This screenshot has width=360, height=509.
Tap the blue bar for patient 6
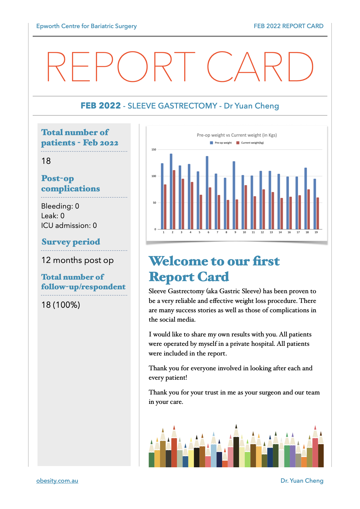tap(207, 192)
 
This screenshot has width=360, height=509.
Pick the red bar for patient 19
tap(318, 213)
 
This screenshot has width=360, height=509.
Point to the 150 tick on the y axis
tap(154, 150)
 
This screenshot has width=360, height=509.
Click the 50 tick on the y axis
tap(155, 203)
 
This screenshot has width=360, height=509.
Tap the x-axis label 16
tap(289, 232)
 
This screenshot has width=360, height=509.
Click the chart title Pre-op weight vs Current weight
tap(237, 135)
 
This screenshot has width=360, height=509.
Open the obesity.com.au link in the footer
tap(57, 481)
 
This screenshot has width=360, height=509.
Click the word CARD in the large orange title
tap(260, 67)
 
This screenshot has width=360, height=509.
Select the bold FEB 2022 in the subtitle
tap(100, 106)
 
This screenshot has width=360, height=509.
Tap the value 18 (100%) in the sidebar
tap(61, 305)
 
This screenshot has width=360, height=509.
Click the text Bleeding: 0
tap(60, 206)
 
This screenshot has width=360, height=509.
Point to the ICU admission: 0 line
tap(69, 225)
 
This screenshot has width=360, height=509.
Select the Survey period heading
tap(71, 242)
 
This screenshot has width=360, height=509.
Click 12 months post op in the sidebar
tap(77, 260)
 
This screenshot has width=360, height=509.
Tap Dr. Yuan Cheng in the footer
tap(302, 481)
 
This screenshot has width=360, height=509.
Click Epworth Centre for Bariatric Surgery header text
tap(87, 26)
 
